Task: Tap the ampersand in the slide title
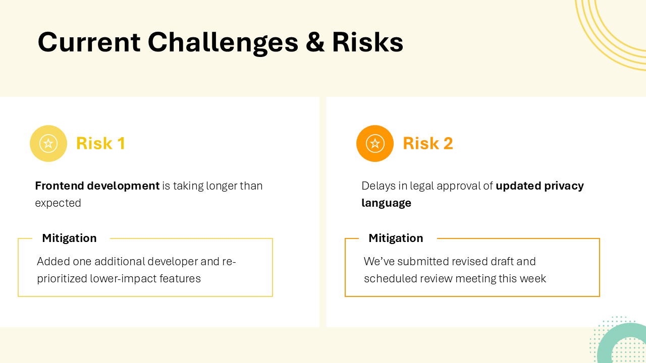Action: (315, 42)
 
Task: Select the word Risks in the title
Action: (367, 42)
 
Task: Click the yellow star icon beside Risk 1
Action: (48, 144)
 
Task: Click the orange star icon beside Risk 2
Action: (375, 144)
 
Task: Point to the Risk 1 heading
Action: (100, 144)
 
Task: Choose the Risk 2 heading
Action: (427, 144)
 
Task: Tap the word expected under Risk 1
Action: (58, 203)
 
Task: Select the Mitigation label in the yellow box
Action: (69, 238)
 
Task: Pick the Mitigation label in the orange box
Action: (396, 238)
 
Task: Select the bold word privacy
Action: (564, 186)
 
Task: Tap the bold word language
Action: (386, 203)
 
